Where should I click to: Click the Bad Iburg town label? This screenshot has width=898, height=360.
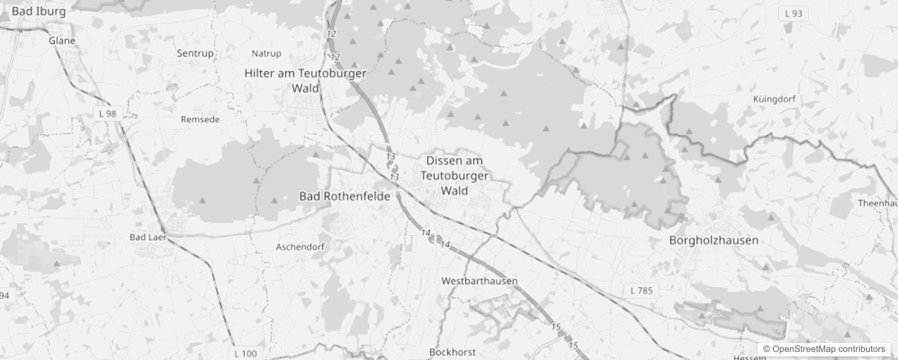click(39, 11)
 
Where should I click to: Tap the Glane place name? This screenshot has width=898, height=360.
click(62, 40)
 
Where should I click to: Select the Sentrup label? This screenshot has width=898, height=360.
click(195, 53)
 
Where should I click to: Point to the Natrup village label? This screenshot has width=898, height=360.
click(266, 54)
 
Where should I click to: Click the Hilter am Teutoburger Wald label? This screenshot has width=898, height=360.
click(305, 81)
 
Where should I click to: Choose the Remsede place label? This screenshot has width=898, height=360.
click(200, 119)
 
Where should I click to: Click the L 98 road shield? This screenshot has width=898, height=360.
click(108, 114)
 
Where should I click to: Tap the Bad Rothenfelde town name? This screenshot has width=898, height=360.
click(345, 196)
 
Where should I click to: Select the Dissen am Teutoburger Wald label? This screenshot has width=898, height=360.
click(454, 175)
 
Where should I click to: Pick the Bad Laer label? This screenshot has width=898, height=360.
click(148, 237)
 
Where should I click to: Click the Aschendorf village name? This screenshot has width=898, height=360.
click(300, 247)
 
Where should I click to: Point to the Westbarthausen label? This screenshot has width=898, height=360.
click(479, 281)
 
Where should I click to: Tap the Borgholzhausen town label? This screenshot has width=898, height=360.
click(714, 240)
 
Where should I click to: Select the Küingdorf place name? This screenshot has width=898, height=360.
click(774, 99)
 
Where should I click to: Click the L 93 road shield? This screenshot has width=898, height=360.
click(793, 13)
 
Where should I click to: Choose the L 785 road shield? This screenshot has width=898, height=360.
click(641, 291)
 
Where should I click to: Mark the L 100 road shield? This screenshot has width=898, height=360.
click(246, 354)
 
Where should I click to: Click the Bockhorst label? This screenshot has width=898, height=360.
click(452, 352)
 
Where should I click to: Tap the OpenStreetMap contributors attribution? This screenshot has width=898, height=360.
click(824, 349)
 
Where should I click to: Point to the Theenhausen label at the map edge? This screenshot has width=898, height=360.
click(877, 203)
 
